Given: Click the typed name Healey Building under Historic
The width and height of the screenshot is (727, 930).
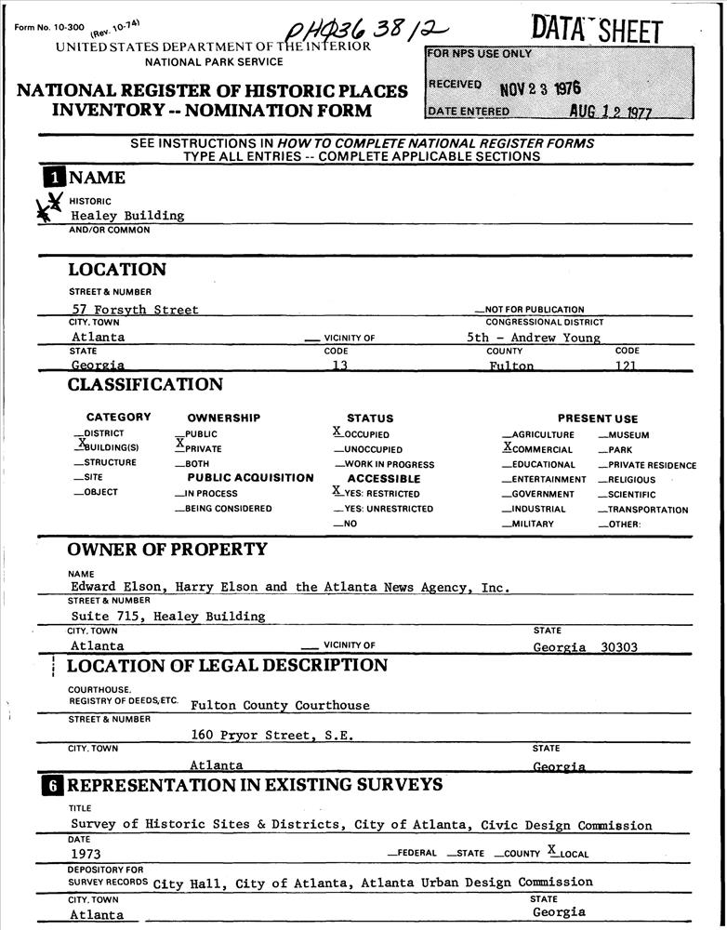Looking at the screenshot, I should (127, 216).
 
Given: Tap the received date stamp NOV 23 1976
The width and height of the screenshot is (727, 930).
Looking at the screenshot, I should (539, 88).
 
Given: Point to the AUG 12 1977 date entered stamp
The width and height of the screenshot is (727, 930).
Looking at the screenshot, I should (611, 112).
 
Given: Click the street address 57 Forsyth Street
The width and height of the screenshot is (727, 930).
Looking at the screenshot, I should (135, 310).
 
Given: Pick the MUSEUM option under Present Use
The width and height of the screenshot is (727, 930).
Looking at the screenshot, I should (628, 435).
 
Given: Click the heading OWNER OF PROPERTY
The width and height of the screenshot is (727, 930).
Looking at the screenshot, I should (167, 550).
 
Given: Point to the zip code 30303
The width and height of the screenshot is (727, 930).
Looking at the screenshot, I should (618, 646).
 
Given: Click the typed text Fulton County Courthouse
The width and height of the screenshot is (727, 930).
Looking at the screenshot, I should (280, 705).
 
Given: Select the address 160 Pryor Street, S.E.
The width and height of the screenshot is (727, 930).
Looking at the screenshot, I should (271, 735).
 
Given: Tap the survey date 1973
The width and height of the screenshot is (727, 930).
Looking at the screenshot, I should (86, 854).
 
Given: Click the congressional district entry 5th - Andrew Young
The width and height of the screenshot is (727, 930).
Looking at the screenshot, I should (533, 338).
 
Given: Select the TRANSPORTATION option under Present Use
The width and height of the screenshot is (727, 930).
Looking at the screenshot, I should (648, 510).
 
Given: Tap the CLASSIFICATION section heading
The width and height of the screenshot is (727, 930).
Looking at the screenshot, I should (145, 385).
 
